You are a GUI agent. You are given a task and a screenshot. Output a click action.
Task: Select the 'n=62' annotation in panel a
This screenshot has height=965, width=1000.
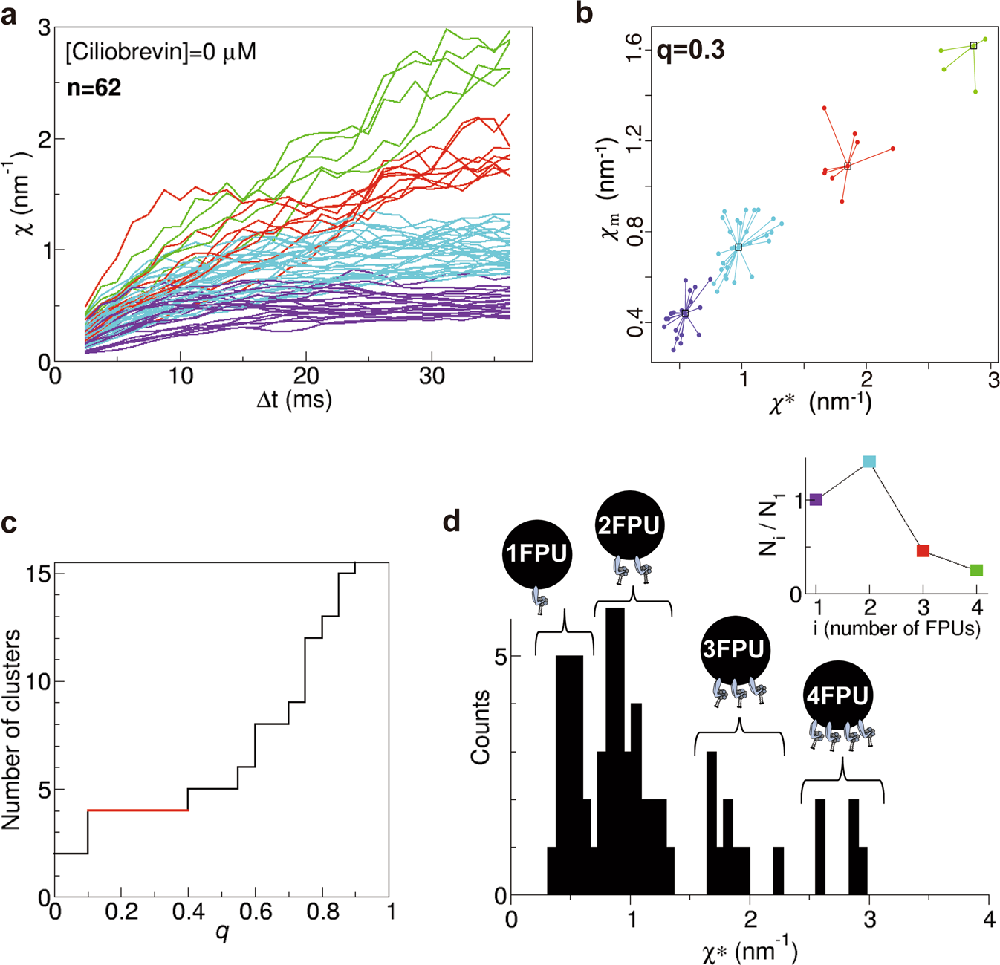[94, 88]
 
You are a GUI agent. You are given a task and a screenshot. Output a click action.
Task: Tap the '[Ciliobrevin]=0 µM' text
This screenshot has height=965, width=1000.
[161, 52]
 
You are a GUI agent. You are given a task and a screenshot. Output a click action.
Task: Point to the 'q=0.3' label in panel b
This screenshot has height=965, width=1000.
[691, 50]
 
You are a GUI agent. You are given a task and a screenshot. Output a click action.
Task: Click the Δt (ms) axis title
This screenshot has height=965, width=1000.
[293, 400]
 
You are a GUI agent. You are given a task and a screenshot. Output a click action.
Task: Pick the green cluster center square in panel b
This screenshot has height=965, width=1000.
[973, 46]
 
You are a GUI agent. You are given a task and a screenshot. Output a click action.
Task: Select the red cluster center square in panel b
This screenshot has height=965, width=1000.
[848, 166]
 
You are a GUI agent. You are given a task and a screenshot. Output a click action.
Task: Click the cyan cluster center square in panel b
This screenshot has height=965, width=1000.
[738, 247]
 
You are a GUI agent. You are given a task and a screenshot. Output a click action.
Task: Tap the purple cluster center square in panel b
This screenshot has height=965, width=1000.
[685, 314]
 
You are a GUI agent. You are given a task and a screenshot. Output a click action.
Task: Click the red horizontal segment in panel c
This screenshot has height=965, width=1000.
[138, 810]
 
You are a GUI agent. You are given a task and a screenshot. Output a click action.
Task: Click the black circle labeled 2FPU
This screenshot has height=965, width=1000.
[629, 526]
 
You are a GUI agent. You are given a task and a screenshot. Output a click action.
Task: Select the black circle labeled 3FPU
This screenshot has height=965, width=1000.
[733, 649]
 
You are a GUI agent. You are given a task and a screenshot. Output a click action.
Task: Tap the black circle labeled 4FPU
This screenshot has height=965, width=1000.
[837, 696]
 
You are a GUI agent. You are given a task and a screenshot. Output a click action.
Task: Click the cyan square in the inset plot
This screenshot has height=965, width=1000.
[869, 462]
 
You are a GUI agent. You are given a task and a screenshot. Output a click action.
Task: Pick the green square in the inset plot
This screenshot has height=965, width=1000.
[976, 571]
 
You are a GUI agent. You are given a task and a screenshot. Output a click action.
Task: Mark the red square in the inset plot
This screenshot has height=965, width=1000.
[923, 551]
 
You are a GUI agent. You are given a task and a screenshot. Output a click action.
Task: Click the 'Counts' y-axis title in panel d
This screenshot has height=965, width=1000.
[481, 727]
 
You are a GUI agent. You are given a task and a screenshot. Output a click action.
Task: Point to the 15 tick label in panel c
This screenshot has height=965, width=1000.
[37, 574]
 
